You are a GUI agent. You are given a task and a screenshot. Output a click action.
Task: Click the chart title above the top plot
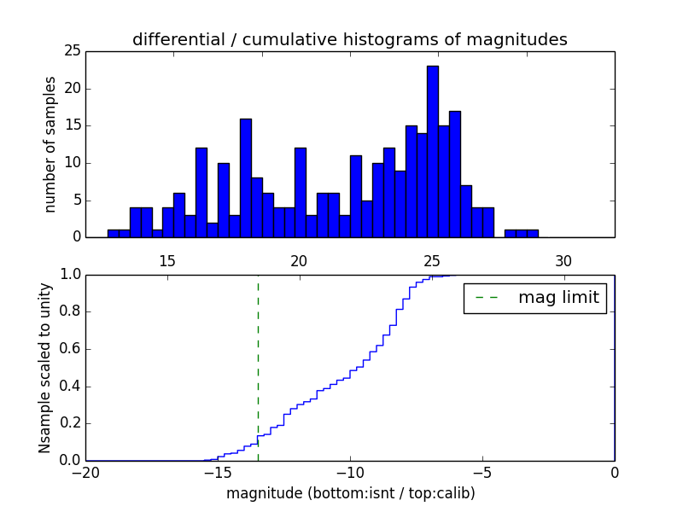tap(349, 39)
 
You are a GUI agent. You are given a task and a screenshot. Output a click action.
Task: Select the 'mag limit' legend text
tap(558, 298)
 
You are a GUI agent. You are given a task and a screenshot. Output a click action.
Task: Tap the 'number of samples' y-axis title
tap(50, 144)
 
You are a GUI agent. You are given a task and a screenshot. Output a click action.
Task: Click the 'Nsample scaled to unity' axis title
tap(44, 368)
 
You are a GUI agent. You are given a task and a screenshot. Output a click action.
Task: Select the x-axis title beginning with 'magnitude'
tap(350, 493)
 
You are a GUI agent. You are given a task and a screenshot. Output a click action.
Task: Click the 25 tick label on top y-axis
tap(71, 51)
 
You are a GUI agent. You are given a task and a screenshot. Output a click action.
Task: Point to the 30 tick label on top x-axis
tap(563, 261)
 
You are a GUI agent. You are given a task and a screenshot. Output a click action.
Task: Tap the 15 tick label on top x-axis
tap(166, 261)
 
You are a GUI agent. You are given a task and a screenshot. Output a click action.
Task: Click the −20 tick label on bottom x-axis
tap(85, 473)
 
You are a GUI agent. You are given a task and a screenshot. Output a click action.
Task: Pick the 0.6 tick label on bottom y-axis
tap(70, 349)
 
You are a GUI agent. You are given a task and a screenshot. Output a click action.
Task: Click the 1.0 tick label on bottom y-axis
tap(70, 275)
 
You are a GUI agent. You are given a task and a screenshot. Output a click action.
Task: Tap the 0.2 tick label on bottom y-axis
tap(70, 423)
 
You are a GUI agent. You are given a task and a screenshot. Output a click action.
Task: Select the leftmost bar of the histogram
tap(113, 233)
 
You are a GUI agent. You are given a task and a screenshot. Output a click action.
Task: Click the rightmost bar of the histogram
tap(533, 233)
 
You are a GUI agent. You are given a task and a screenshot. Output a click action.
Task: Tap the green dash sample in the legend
tap(486, 298)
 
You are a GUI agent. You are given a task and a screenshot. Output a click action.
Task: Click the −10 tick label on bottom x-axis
tap(349, 473)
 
